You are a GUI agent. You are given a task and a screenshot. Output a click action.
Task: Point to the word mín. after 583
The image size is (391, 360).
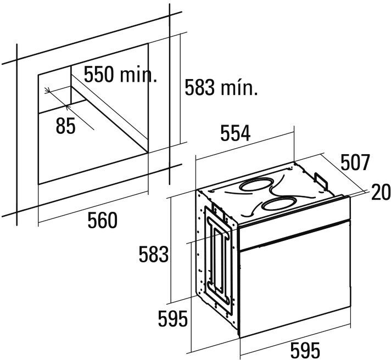click(x=239, y=87)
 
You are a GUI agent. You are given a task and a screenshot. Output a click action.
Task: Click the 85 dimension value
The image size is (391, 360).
click(x=66, y=126)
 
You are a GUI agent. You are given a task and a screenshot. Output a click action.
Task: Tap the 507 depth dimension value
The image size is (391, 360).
click(x=355, y=163)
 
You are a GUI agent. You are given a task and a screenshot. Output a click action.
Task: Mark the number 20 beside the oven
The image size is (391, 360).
click(x=379, y=192)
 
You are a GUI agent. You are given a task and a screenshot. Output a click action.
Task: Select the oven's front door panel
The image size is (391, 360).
click(x=295, y=288)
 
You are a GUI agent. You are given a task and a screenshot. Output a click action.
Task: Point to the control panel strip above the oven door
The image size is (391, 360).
click(x=295, y=229)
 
